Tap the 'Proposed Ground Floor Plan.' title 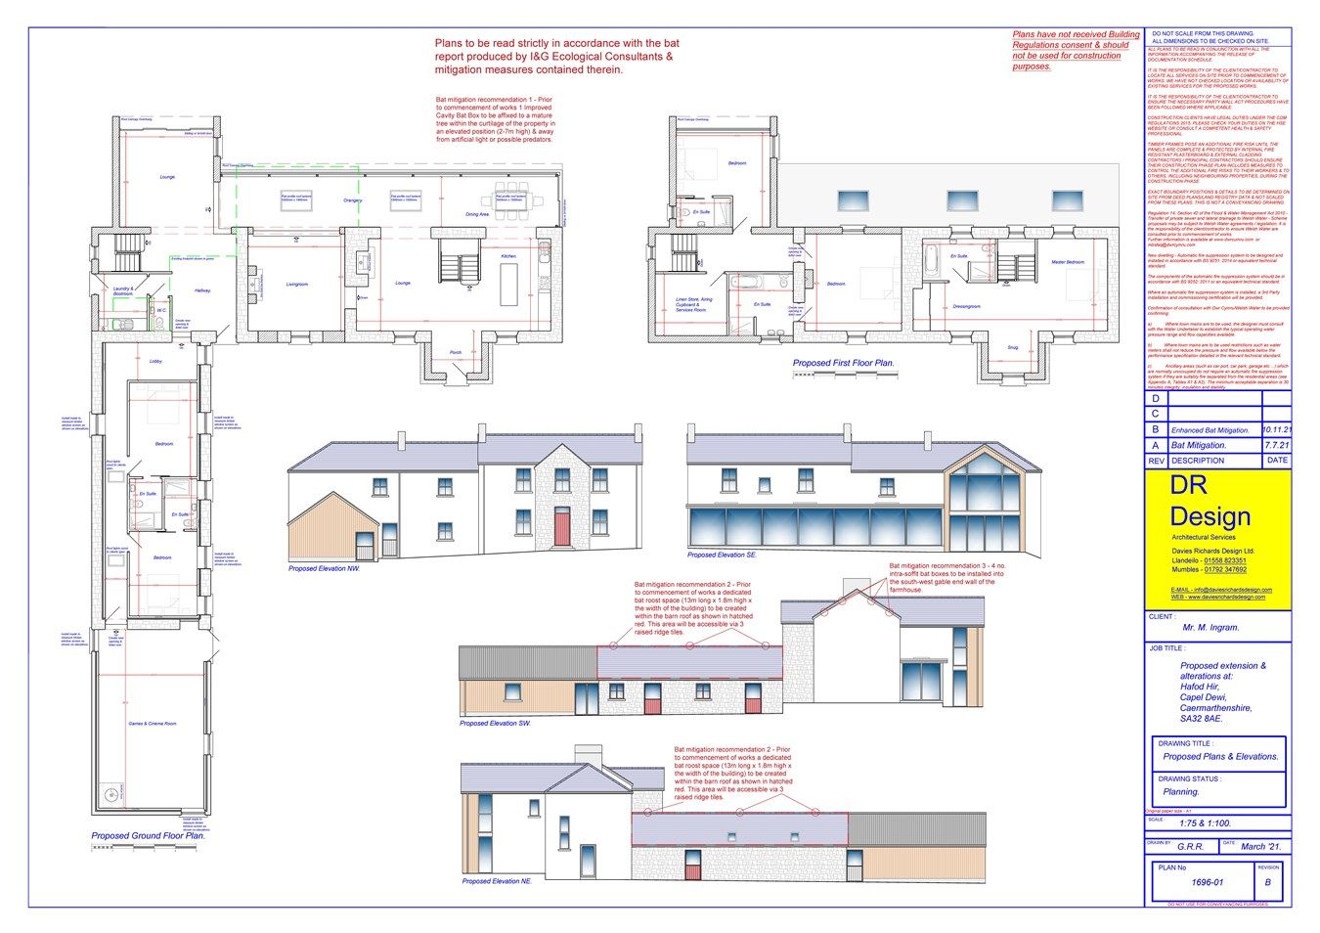click(x=149, y=836)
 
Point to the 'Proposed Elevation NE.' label click(x=498, y=881)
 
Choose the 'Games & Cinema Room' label click(x=152, y=724)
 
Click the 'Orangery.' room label click(x=353, y=200)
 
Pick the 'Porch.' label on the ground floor click(x=456, y=352)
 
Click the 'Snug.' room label click(x=1013, y=347)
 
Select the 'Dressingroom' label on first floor click(x=966, y=306)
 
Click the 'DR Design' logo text click(x=1210, y=501)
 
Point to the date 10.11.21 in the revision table click(x=1276, y=429)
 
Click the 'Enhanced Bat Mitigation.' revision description click(x=1210, y=430)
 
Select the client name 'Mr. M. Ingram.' click(x=1210, y=627)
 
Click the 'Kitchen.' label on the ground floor click(x=508, y=256)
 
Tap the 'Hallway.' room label click(x=202, y=290)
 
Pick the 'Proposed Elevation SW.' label click(x=495, y=724)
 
